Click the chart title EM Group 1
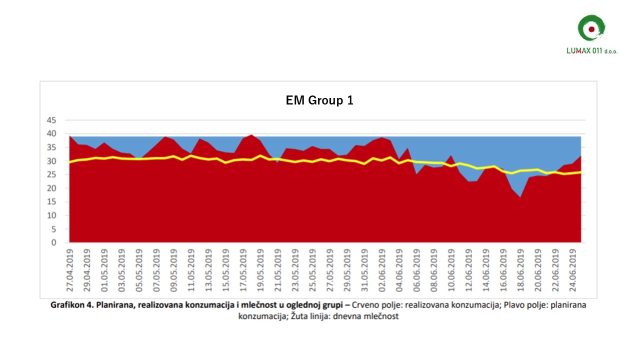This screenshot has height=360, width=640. (x=319, y=100)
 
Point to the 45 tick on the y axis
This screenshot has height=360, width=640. (x=51, y=120)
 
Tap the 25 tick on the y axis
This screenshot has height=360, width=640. (x=51, y=175)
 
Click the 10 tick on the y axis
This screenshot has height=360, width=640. (x=51, y=215)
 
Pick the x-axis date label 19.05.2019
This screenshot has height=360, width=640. (x=260, y=270)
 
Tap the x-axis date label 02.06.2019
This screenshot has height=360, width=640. (x=381, y=270)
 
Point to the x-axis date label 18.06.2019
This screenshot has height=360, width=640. (x=520, y=270)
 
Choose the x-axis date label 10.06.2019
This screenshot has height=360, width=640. (x=451, y=270)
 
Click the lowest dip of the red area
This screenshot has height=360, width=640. (x=520, y=197)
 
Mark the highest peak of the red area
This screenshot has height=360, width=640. (x=251, y=134)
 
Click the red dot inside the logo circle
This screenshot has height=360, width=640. (x=591, y=29)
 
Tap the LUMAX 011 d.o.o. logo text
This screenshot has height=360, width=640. (x=591, y=51)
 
